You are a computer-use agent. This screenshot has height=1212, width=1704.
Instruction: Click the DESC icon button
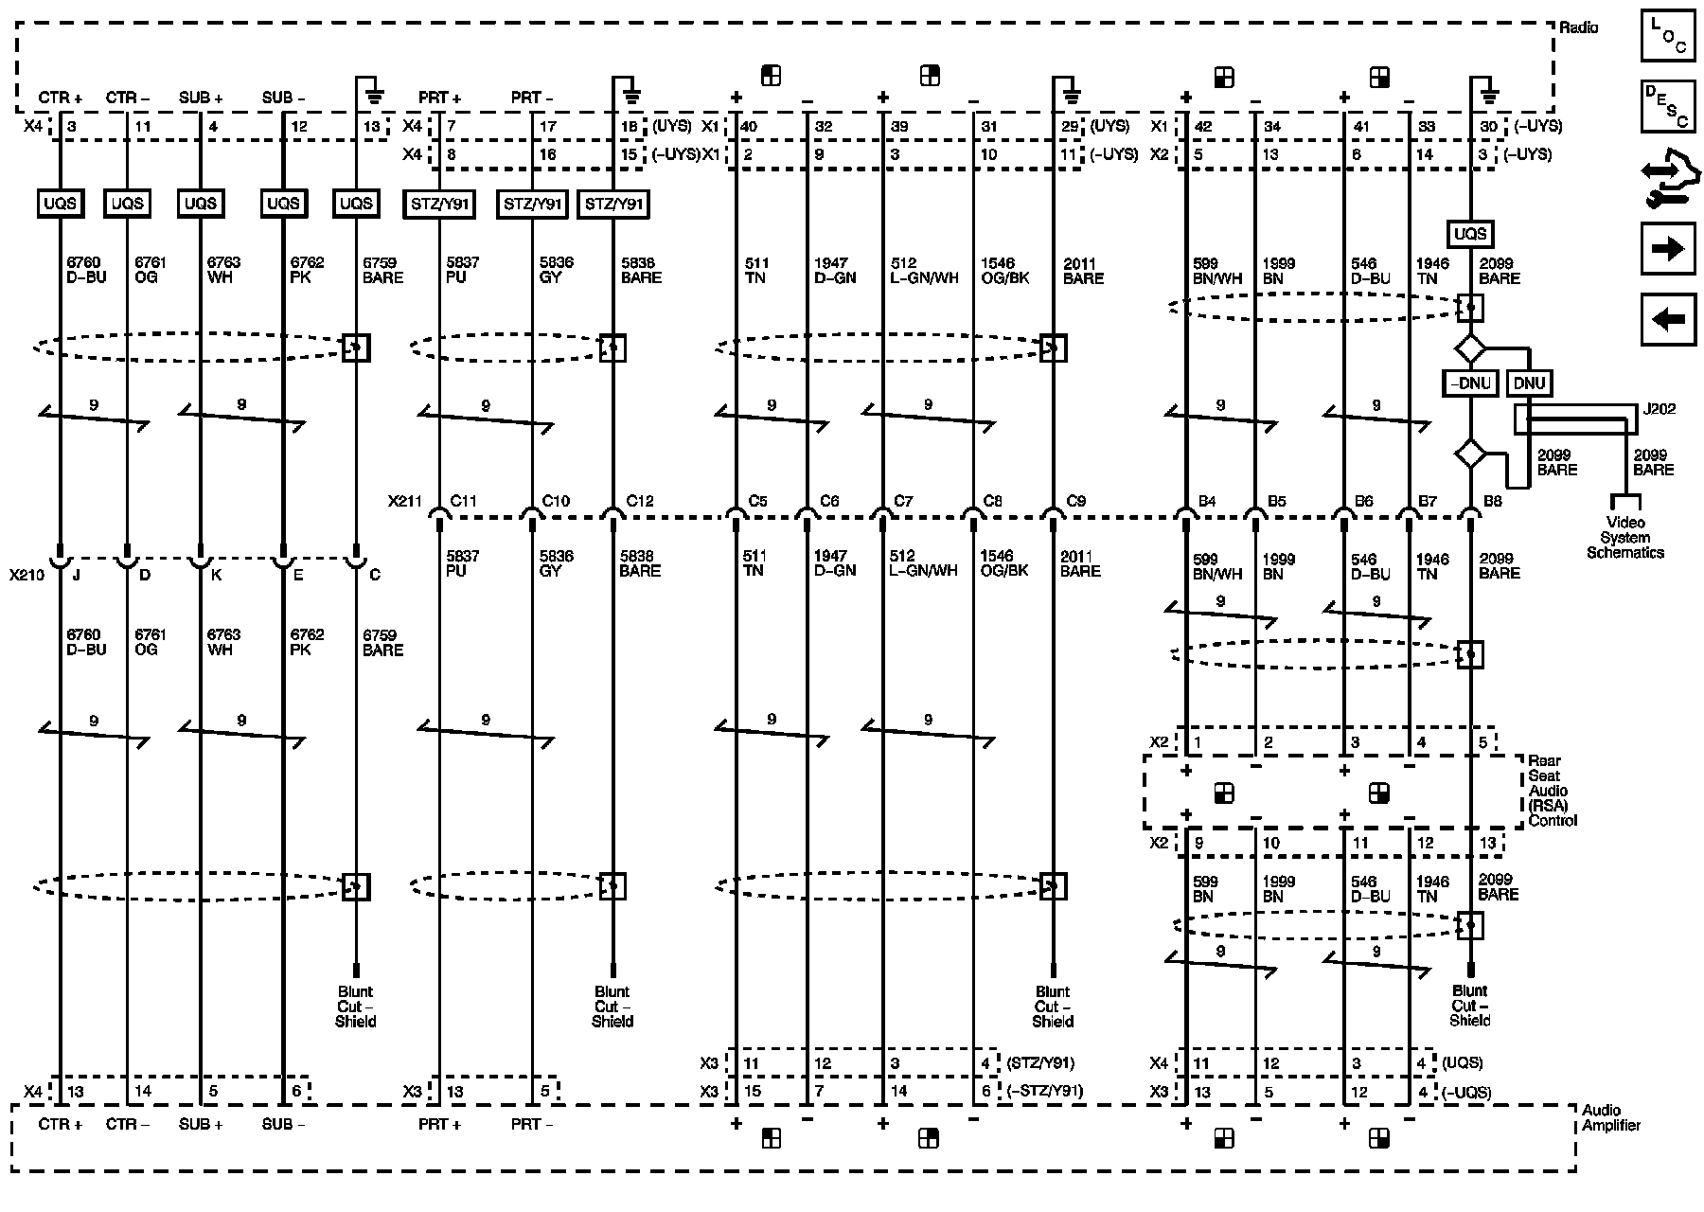[1667, 106]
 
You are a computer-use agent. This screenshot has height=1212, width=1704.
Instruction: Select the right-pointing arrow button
[1667, 249]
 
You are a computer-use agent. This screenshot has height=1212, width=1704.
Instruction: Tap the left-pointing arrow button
[1667, 319]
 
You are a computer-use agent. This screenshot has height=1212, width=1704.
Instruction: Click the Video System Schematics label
[1625, 538]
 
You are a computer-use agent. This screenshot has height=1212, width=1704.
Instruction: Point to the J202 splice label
[1659, 409]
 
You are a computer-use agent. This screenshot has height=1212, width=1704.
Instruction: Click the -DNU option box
[1469, 383]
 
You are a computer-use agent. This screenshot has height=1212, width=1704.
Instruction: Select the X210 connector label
[27, 575]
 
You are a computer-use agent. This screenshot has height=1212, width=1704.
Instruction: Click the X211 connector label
[405, 501]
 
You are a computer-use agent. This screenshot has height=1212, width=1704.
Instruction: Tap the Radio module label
[1578, 27]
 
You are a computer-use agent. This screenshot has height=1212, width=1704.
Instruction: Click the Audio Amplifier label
[1610, 1117]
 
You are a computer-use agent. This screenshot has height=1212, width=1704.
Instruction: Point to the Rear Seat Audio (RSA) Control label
[1552, 791]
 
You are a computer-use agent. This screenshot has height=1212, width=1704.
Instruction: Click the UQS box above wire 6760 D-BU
[60, 203]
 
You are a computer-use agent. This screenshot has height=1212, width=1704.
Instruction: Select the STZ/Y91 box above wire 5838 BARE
[612, 204]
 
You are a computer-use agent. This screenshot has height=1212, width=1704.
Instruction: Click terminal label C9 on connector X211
[1075, 501]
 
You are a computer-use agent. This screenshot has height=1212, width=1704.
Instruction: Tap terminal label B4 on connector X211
[1207, 501]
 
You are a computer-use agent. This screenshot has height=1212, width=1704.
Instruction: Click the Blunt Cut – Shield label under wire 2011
[1053, 1007]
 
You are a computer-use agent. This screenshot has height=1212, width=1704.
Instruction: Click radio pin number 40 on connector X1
[748, 126]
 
